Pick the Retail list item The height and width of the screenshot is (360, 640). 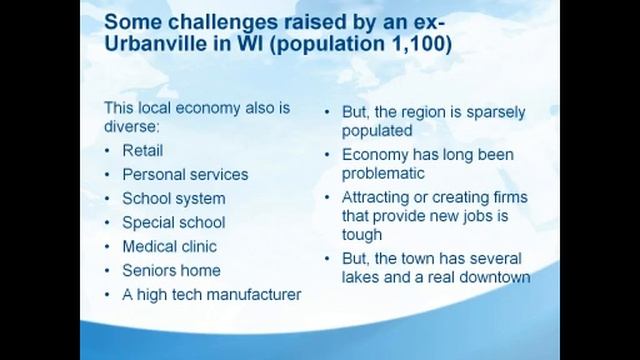(142, 151)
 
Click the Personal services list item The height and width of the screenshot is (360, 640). (185, 174)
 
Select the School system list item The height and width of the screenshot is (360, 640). (173, 198)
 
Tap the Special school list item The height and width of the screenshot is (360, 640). (173, 222)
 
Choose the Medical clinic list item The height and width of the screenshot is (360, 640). (169, 246)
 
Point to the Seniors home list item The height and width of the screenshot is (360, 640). (171, 270)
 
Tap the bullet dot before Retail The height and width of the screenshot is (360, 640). (108, 151)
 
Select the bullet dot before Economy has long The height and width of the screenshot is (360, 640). (328, 155)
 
